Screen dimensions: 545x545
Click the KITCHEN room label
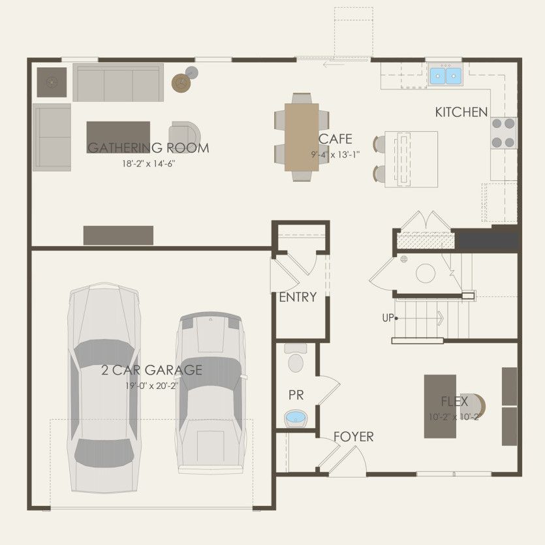[x=461, y=112]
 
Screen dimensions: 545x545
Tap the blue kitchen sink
[x=446, y=76]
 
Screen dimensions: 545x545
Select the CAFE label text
[x=335, y=139]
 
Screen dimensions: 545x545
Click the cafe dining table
[x=302, y=137]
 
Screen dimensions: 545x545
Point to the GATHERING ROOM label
[x=148, y=148]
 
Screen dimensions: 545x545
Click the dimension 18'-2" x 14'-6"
[x=148, y=163]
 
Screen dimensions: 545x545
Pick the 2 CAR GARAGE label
[x=151, y=371]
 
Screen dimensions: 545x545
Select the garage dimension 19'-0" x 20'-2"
[x=151, y=386]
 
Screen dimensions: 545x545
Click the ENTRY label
[x=298, y=298]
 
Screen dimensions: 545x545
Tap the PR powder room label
[x=296, y=395]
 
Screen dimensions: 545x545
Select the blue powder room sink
[x=296, y=416]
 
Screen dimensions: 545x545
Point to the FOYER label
[x=353, y=437]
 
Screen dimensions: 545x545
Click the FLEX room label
[x=454, y=402]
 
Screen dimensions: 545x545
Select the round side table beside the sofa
[x=181, y=82]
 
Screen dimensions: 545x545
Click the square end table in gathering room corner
[x=52, y=82]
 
